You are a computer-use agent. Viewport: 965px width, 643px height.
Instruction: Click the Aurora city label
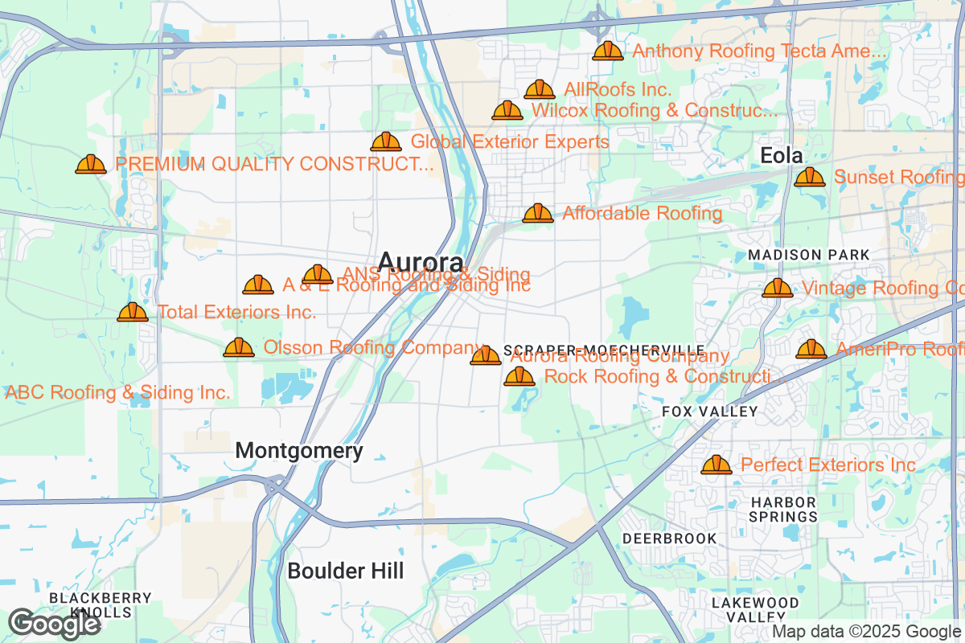[x=420, y=262]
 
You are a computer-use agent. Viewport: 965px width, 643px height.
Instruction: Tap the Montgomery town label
[x=298, y=451]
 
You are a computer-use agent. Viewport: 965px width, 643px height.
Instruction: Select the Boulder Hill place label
[x=346, y=571]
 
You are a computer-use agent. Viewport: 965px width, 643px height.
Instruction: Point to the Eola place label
[x=782, y=155]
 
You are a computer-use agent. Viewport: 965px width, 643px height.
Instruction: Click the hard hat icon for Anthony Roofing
[x=608, y=51]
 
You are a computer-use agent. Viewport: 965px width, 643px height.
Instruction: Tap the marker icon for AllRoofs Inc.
[x=540, y=90]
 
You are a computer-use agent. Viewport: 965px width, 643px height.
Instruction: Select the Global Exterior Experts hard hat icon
[x=386, y=142]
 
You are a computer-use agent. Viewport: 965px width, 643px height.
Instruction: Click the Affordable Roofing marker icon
[x=538, y=214]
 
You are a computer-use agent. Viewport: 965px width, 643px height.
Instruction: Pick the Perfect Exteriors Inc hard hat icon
[x=716, y=465]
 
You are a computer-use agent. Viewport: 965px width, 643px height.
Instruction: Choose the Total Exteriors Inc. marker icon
[x=133, y=313]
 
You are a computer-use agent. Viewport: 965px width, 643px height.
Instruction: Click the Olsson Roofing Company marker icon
[x=239, y=348]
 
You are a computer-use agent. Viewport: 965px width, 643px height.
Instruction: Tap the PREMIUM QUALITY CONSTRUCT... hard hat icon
[x=91, y=165]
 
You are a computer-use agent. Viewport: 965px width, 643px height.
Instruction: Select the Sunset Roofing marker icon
[x=810, y=178]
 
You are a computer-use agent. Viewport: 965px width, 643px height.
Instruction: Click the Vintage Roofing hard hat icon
[x=777, y=289]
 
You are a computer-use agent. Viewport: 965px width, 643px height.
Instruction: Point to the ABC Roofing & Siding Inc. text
[x=118, y=393]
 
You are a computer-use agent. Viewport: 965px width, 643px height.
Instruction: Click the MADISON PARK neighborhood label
[x=808, y=255]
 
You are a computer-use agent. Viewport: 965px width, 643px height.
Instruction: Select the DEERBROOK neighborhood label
[x=668, y=538]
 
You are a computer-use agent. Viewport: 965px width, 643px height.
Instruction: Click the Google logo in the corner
[x=55, y=624]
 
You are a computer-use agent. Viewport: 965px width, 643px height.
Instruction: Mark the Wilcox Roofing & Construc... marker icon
[x=507, y=111]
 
